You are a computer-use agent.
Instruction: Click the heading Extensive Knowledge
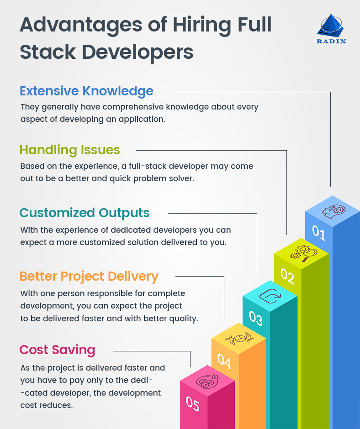coord(86,91)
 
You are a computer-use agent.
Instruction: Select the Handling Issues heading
coord(70,150)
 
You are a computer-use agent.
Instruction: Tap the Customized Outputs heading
coord(85,213)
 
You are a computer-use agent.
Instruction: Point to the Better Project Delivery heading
coord(89,276)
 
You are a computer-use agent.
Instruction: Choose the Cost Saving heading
coord(57,350)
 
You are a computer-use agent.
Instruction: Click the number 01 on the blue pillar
coord(319,233)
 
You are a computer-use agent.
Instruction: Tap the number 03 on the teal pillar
coord(256,318)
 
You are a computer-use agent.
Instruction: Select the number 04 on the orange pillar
coord(224,361)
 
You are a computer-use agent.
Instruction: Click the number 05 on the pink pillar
coord(193,403)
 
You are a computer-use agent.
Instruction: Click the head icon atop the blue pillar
coord(333,210)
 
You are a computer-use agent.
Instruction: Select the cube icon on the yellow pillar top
coord(238,338)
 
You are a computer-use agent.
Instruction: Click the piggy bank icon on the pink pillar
coord(207,381)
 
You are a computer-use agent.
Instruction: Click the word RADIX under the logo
coord(331,41)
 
